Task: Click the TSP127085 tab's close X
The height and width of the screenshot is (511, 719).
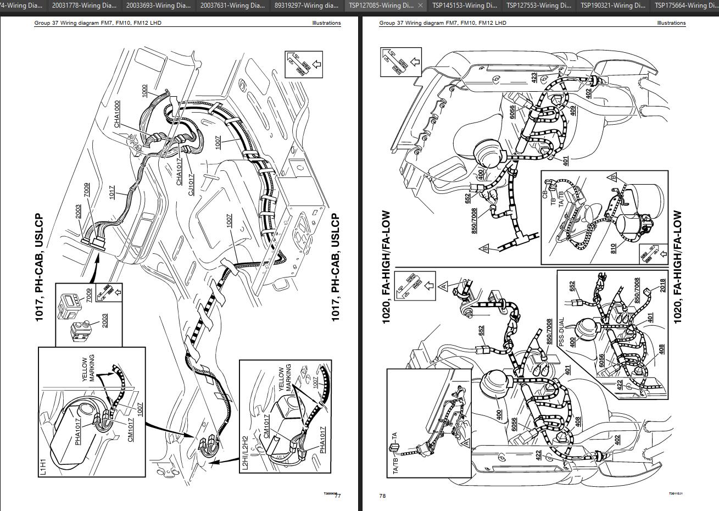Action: (x=420, y=5)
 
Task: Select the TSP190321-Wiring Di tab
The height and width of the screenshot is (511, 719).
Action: (x=613, y=5)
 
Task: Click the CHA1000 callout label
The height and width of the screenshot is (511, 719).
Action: (x=117, y=114)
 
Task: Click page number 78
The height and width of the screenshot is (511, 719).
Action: (x=382, y=496)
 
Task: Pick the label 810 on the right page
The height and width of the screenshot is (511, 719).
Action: (x=612, y=249)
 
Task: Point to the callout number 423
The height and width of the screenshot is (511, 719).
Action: (x=534, y=78)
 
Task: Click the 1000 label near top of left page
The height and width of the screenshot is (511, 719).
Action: (x=144, y=91)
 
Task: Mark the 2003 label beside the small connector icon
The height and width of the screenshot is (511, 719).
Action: (x=104, y=320)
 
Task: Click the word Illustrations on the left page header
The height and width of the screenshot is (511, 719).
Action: (x=326, y=23)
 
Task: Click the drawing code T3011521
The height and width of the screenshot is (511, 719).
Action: (x=676, y=494)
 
